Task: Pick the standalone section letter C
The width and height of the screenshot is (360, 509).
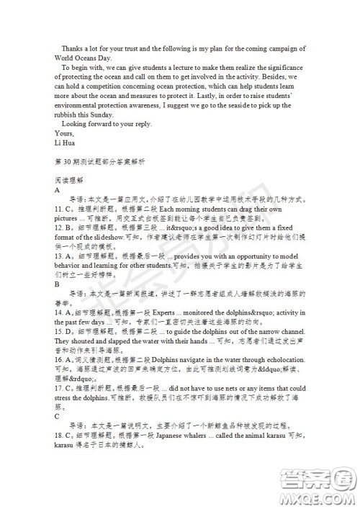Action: pos(57,415)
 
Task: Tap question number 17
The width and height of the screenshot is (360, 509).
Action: pos(60,387)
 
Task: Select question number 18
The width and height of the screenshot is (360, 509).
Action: pos(60,435)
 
